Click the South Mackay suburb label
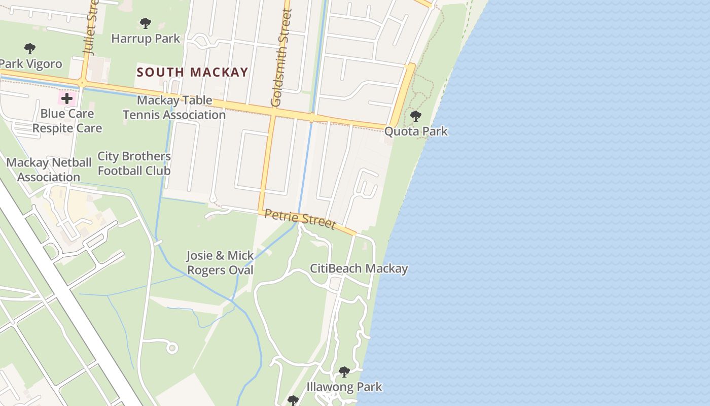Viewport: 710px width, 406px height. click(x=192, y=72)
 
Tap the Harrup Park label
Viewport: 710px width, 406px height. click(x=146, y=39)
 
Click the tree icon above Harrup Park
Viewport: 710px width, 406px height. click(x=146, y=23)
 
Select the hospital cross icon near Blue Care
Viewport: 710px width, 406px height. click(x=67, y=98)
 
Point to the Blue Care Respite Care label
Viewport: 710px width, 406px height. click(x=67, y=121)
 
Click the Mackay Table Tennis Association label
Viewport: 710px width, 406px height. click(x=174, y=108)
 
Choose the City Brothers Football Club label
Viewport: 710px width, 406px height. click(x=134, y=163)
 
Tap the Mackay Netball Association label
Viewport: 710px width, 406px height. click(x=49, y=170)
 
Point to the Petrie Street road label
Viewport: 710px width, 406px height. click(x=300, y=219)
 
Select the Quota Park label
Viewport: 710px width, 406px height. click(x=416, y=131)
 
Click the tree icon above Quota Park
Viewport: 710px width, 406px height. click(x=416, y=116)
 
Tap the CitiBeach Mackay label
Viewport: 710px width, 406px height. click(x=359, y=268)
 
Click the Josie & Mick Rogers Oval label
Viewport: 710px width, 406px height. click(x=220, y=263)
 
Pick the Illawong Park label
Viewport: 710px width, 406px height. click(x=344, y=387)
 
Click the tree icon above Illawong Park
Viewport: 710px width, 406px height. click(x=344, y=371)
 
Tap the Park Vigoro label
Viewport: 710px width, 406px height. click(x=30, y=64)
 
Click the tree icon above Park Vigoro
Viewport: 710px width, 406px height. click(x=30, y=49)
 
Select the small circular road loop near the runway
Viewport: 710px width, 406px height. click(x=172, y=348)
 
